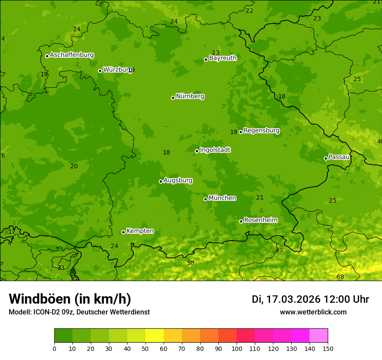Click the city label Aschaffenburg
click(72, 55)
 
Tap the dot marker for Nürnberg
click(173, 98)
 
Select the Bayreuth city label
click(223, 58)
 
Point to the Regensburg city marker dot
click(240, 132)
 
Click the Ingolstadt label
click(215, 150)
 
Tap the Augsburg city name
click(178, 180)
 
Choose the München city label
click(222, 198)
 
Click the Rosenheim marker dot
click(241, 221)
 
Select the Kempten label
click(140, 231)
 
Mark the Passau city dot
click(326, 158)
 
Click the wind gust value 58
click(191, 263)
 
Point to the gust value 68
click(340, 277)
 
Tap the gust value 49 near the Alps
click(279, 251)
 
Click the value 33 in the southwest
click(61, 268)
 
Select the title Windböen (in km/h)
click(69, 299)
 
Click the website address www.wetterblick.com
click(313, 312)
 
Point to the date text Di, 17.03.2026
click(286, 299)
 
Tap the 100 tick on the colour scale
click(237, 349)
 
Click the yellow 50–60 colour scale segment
click(155, 336)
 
